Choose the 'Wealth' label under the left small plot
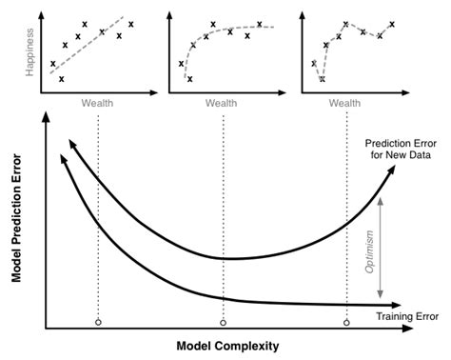point(94,101)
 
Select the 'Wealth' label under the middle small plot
point(222,101)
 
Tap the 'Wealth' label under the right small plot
point(349,101)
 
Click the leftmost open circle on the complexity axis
point(97,324)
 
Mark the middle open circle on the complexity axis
point(224,324)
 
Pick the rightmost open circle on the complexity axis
point(346,324)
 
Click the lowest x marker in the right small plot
point(322,79)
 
